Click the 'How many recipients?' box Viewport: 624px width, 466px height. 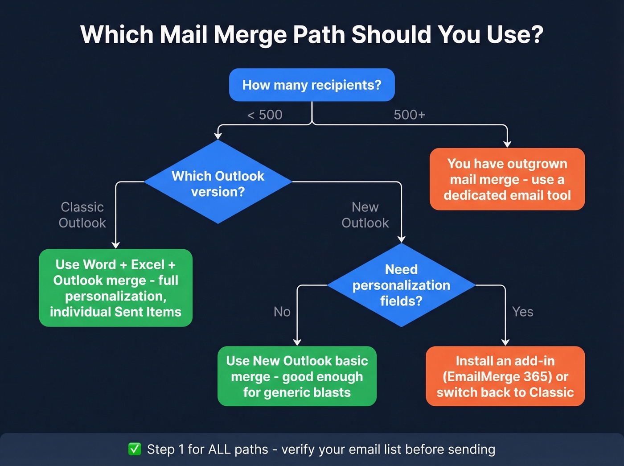tap(312, 85)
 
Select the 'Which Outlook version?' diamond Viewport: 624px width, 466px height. tap(218, 183)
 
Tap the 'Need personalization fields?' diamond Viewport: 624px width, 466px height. tap(401, 285)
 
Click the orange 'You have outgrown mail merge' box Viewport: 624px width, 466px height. tap(507, 179)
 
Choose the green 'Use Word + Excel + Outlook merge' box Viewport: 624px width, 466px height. tap(115, 288)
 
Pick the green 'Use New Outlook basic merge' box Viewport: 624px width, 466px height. tap(297, 376)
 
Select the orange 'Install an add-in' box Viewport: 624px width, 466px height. tap(505, 376)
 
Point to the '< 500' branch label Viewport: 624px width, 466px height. tap(265, 115)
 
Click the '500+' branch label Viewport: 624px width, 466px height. tap(409, 115)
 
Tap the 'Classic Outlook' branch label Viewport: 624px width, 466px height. tap(82, 215)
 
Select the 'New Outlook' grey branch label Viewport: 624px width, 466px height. tap(365, 215)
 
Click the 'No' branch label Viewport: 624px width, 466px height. tap(282, 312)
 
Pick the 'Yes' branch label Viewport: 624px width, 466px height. tap(522, 312)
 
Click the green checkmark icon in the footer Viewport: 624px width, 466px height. tap(135, 449)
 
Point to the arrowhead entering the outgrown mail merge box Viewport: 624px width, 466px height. tap(507, 144)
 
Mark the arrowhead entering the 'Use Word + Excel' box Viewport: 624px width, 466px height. tap(116, 245)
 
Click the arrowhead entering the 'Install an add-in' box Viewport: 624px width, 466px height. tap(505, 342)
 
